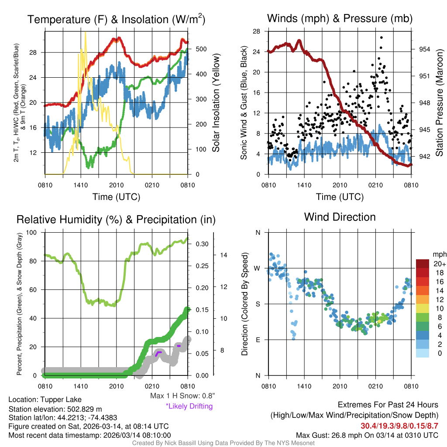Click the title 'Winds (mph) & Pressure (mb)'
pyautogui.click(x=340, y=19)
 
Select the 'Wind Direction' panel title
pyautogui.click(x=340, y=217)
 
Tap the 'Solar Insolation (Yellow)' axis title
pyautogui.click(x=216, y=103)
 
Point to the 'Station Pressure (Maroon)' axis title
pyautogui.click(x=439, y=103)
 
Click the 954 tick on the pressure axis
pyautogui.click(x=424, y=49)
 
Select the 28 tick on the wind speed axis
pyautogui.click(x=257, y=31)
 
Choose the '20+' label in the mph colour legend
pyautogui.click(x=439, y=264)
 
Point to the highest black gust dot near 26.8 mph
pyautogui.click(x=381, y=38)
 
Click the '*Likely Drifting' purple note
pyautogui.click(x=189, y=406)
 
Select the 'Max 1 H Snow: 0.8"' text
pyautogui.click(x=182, y=396)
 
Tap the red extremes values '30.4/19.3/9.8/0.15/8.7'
pyautogui.click(x=399, y=426)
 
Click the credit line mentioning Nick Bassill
pyautogui.click(x=223, y=443)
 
